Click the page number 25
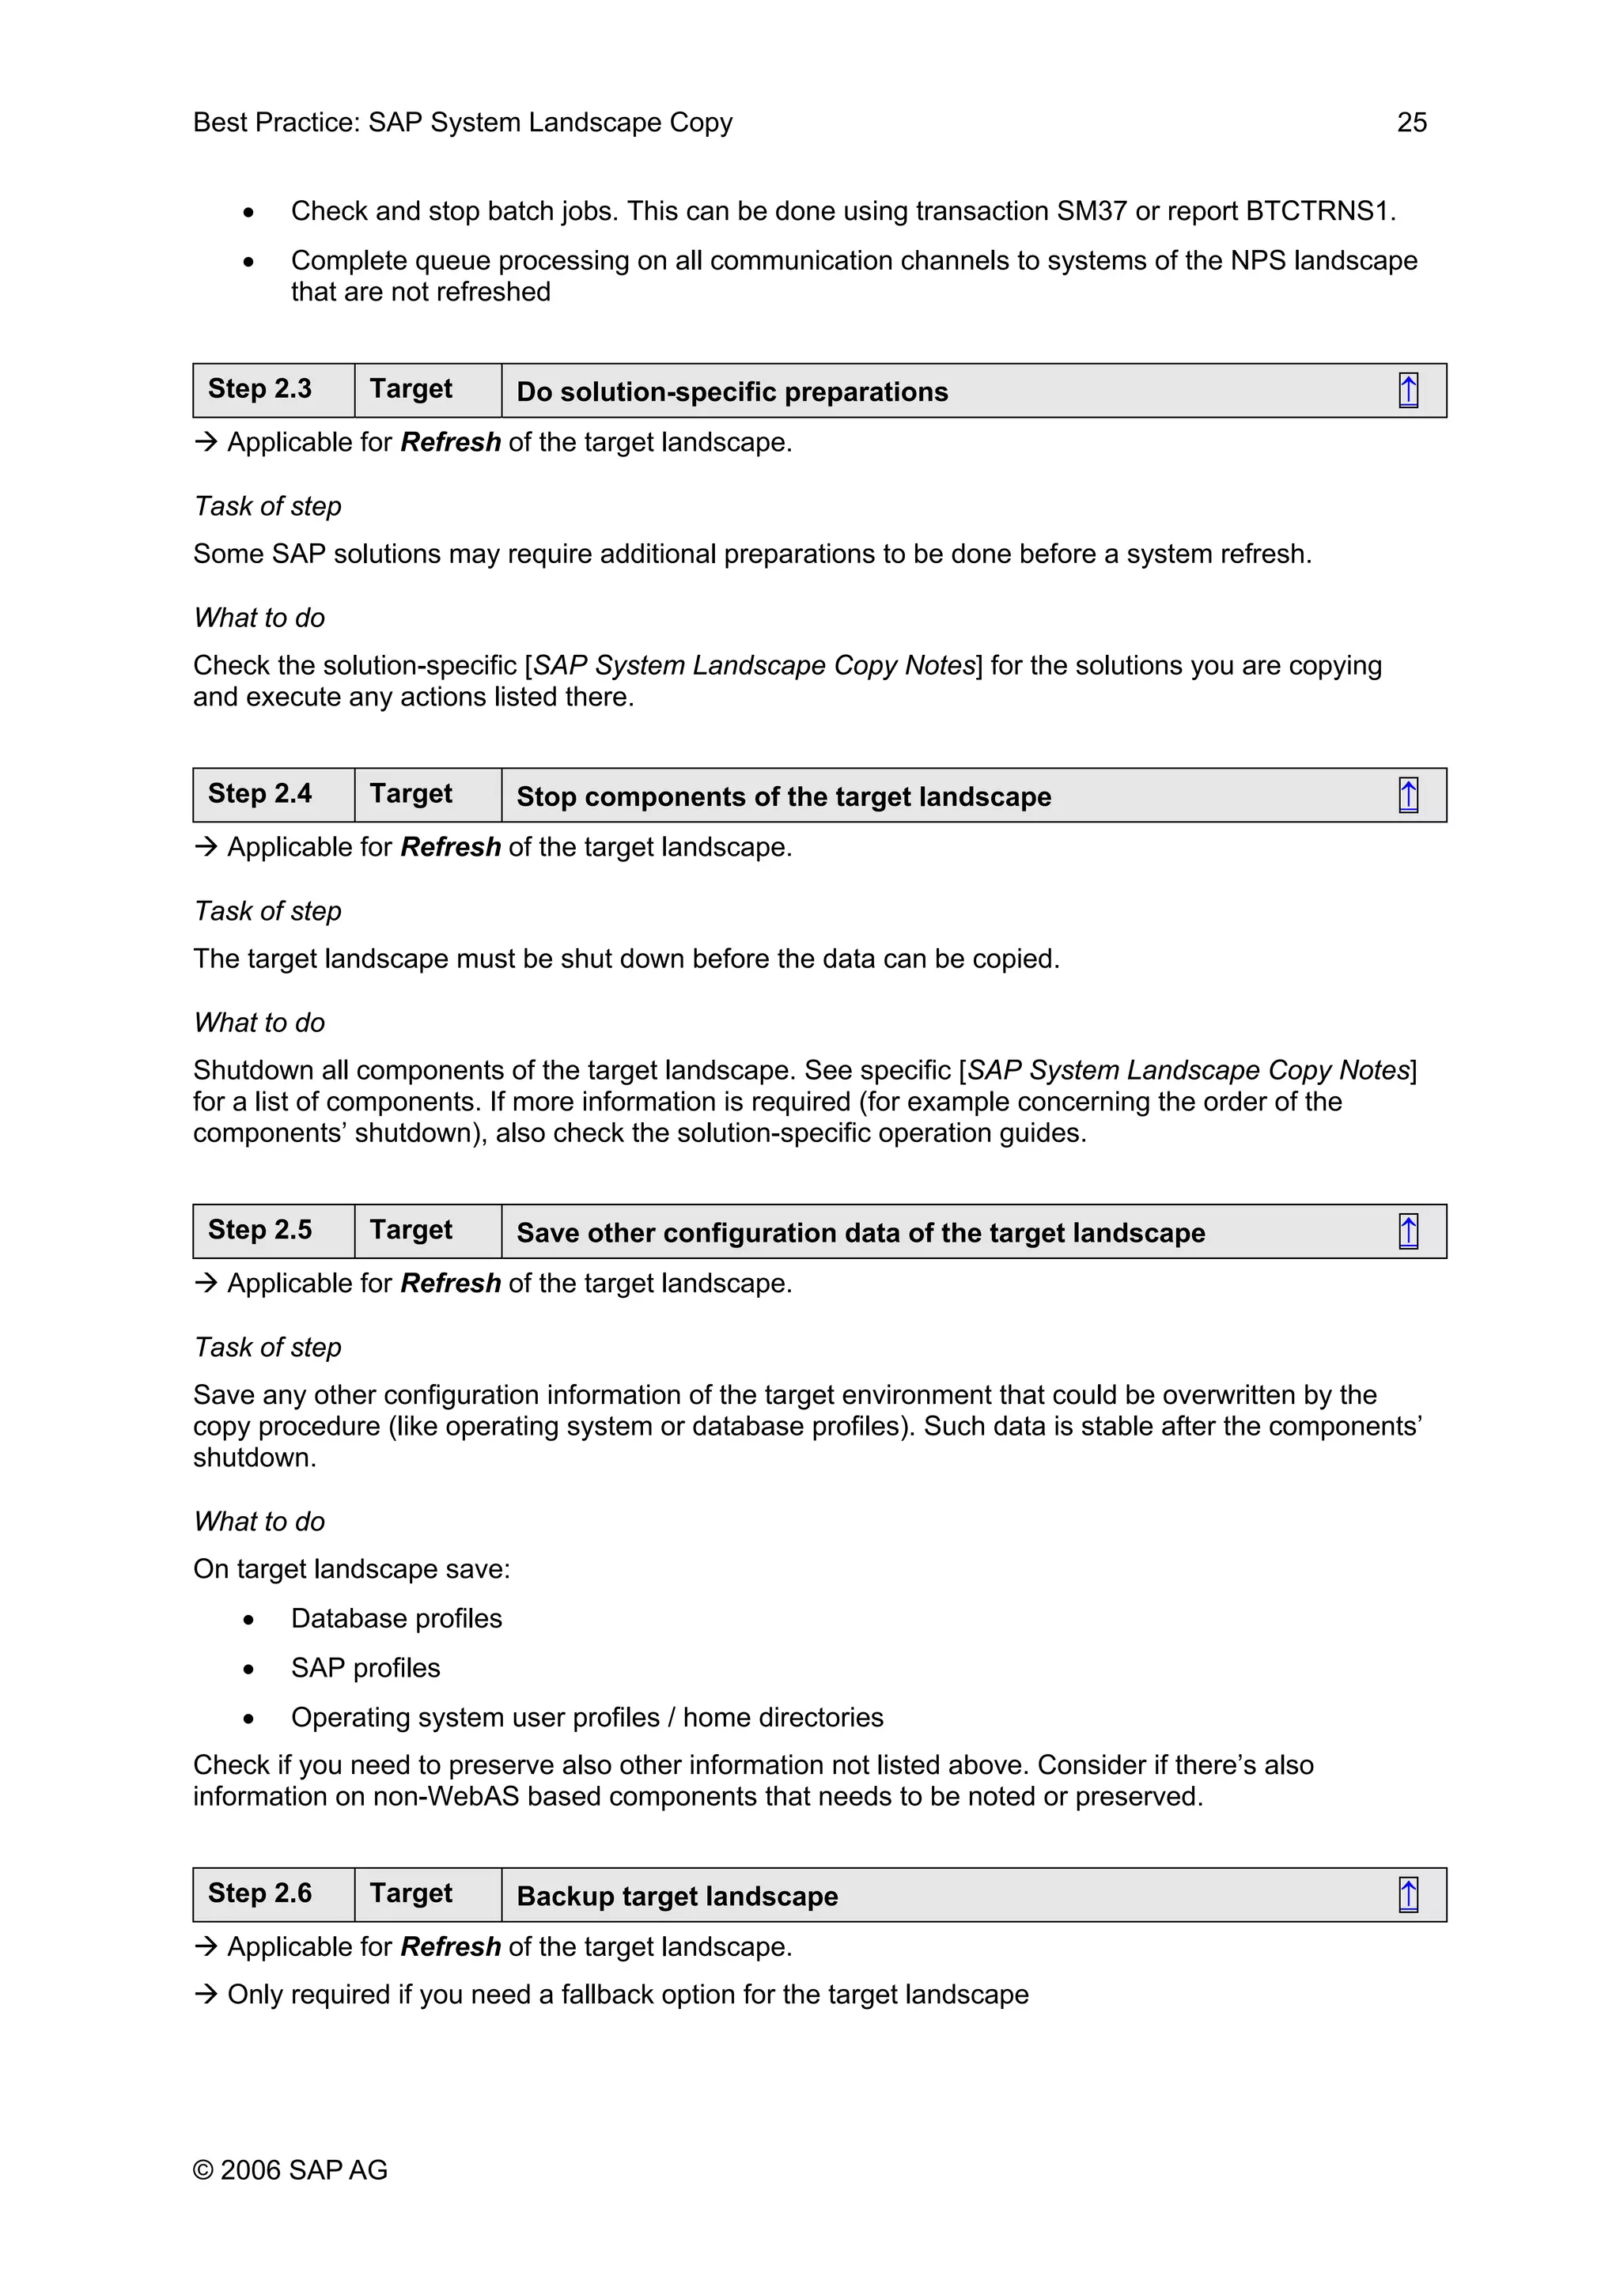click(1411, 123)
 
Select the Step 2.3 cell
click(259, 389)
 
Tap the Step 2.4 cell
click(259, 795)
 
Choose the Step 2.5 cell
click(259, 1231)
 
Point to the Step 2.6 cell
click(259, 1893)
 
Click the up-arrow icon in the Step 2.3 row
click(1407, 391)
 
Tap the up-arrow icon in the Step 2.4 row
click(1407, 796)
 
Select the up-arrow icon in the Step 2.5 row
click(1407, 1232)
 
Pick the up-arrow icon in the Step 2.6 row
click(1407, 1895)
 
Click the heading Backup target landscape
click(677, 1897)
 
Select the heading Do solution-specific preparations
click(732, 392)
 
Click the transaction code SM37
click(1091, 212)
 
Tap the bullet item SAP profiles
click(365, 1668)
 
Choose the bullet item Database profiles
click(396, 1618)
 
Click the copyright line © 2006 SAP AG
click(290, 2170)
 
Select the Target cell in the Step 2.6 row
click(411, 1893)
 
